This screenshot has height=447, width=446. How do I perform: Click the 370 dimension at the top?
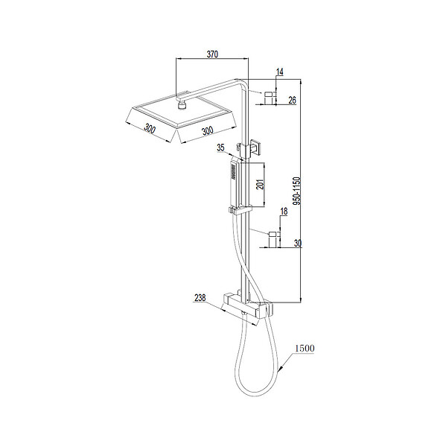point(212,54)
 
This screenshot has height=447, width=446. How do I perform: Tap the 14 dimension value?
point(280,72)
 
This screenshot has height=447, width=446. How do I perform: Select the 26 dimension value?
point(293,100)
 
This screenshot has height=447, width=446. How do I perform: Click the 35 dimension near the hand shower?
point(220,148)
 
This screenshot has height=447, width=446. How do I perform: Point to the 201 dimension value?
point(261,184)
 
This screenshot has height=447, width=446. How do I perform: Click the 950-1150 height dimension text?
point(296,191)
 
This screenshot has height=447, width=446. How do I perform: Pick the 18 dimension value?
point(284,212)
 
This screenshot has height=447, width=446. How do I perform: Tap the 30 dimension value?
point(298,243)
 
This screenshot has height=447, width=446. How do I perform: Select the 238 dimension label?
point(200,297)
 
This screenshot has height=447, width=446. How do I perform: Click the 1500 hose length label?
point(305,348)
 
